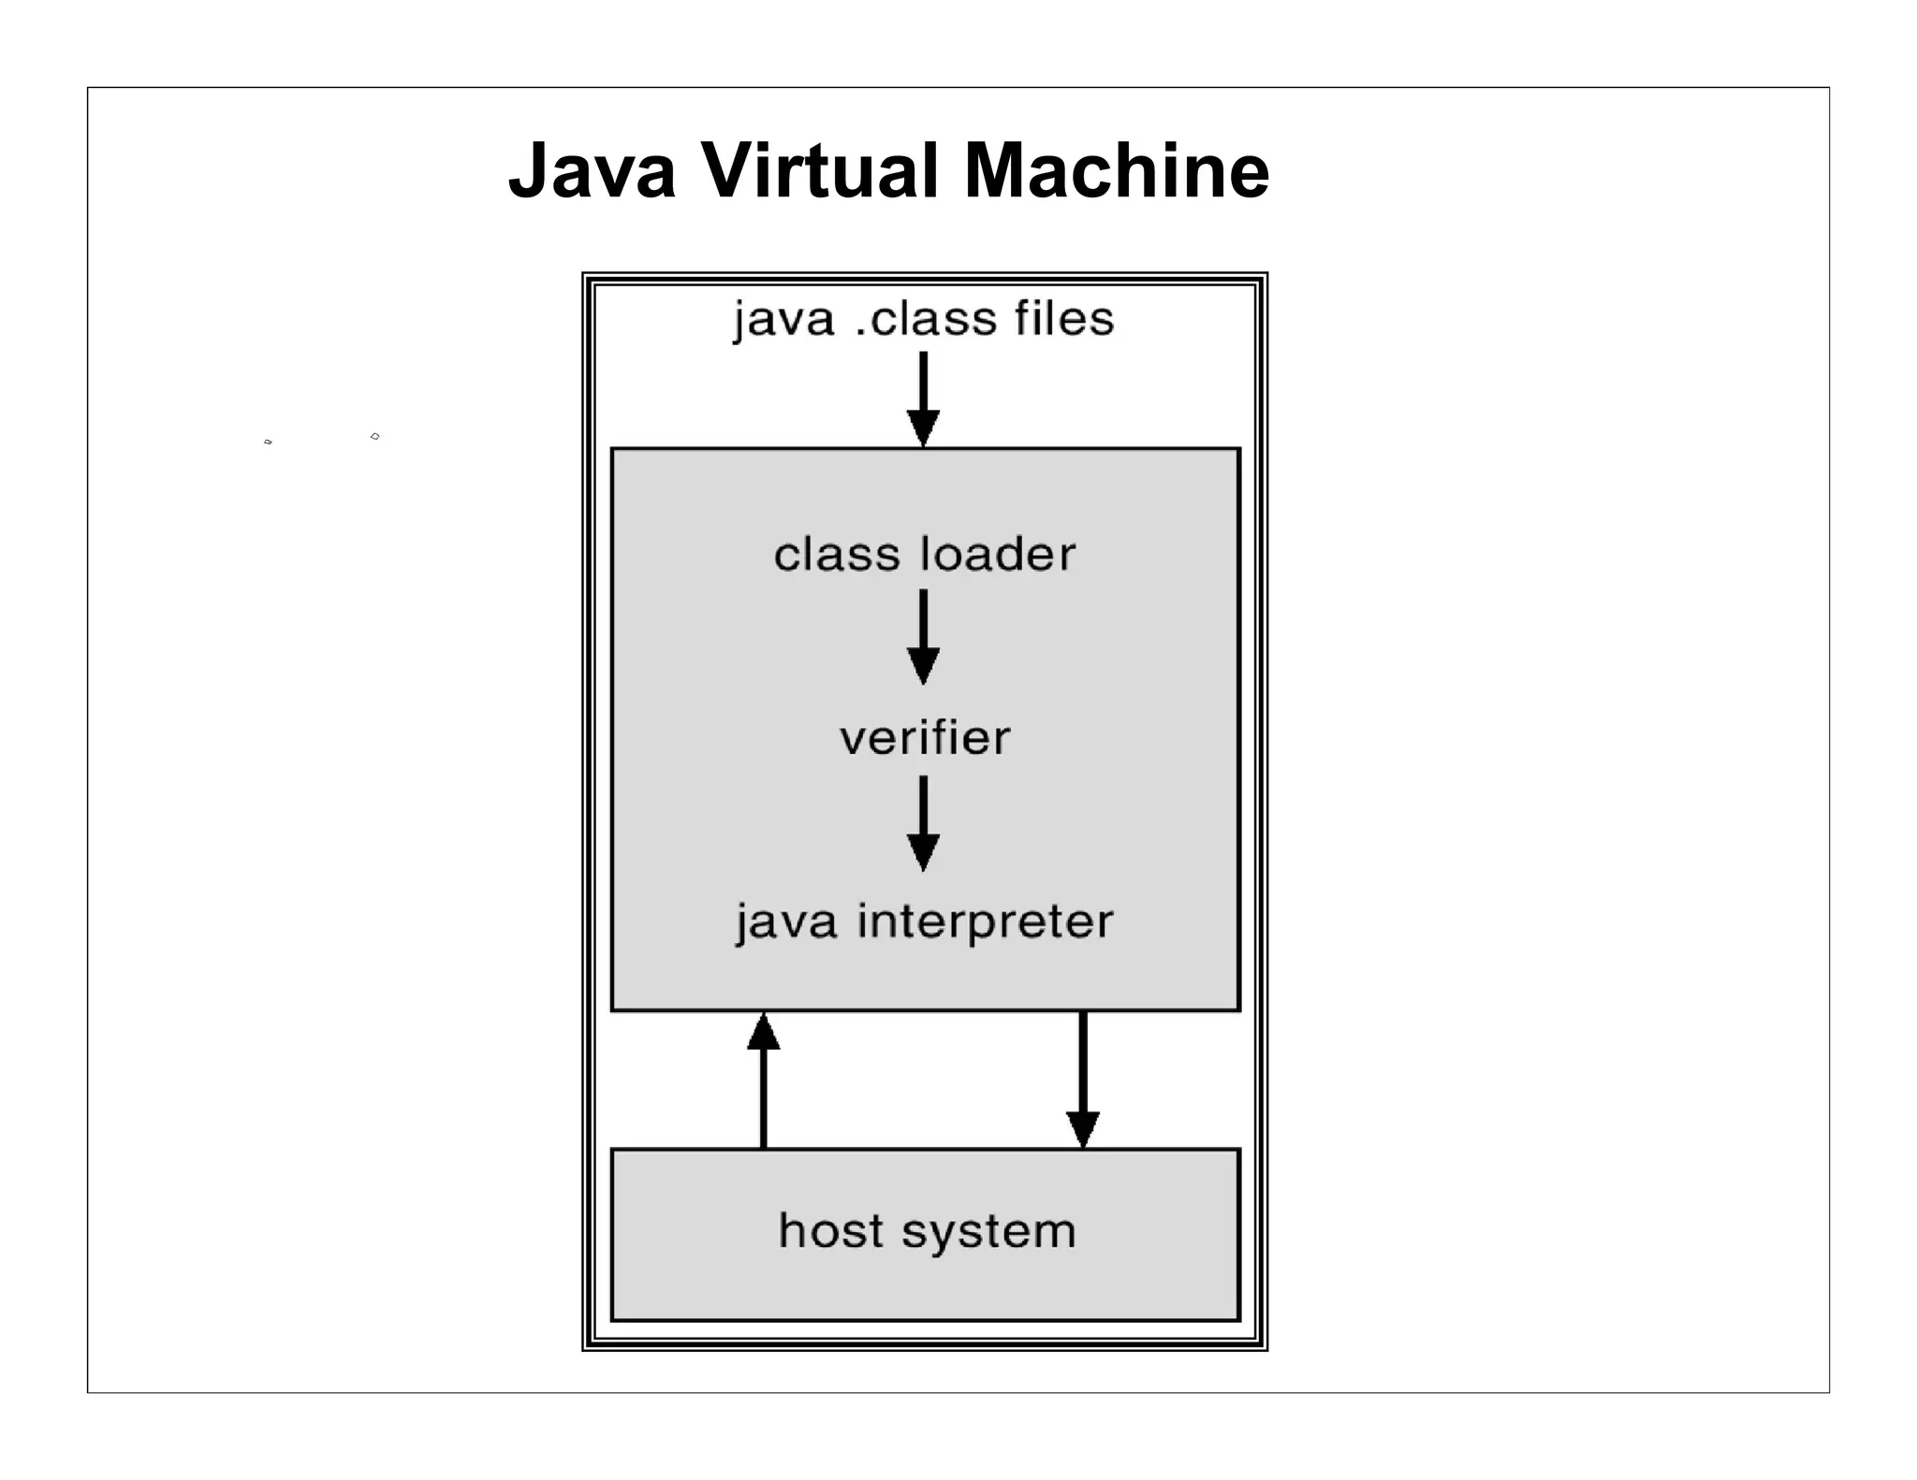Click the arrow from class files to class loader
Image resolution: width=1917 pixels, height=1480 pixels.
click(x=923, y=398)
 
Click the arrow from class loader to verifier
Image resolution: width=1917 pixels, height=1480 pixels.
click(x=923, y=636)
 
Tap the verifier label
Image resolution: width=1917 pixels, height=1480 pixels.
click(x=925, y=738)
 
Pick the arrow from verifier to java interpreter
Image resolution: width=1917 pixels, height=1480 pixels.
click(x=923, y=823)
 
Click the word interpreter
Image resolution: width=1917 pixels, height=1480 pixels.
click(x=986, y=921)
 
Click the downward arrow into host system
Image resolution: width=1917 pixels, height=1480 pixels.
click(x=1083, y=1081)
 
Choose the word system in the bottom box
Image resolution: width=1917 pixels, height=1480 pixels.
click(x=988, y=1232)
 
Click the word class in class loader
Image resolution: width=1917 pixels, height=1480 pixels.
click(x=836, y=554)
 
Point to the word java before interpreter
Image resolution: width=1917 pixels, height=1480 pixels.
click(x=785, y=923)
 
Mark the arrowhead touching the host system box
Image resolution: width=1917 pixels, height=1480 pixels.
click(x=1083, y=1129)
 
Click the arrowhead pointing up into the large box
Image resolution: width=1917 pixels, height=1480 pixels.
click(x=763, y=1032)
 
